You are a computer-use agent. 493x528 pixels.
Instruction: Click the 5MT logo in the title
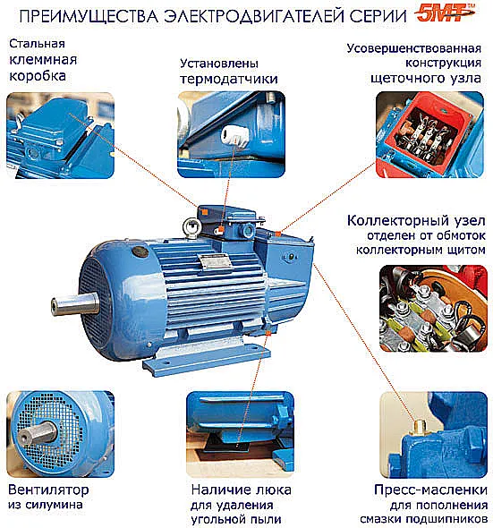pos(446,13)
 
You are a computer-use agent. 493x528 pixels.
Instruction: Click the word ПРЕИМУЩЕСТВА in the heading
pos(89,16)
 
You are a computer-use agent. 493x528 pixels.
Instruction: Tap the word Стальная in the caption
pos(37,44)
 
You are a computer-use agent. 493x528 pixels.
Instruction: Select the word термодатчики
pos(229,79)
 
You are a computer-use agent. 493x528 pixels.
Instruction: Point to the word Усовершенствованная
pos(414,48)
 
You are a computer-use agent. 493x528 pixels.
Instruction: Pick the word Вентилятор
pos(48,490)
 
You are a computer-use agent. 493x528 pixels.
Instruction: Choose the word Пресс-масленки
pos(430,490)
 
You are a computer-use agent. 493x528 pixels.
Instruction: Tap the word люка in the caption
pos(274,490)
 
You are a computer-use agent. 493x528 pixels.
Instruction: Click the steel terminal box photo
pos(61,135)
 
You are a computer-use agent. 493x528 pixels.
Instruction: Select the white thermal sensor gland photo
pos(232,134)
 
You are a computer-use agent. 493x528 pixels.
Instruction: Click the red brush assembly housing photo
pos(429,135)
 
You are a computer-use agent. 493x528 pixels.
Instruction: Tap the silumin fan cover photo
pos(61,434)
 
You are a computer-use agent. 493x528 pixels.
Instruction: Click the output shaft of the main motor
pos(75,303)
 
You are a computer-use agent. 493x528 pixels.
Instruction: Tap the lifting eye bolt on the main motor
pos(191,227)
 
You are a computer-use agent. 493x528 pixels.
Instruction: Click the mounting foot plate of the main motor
pos(207,359)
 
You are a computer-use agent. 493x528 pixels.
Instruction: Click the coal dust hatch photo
pos(240,434)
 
